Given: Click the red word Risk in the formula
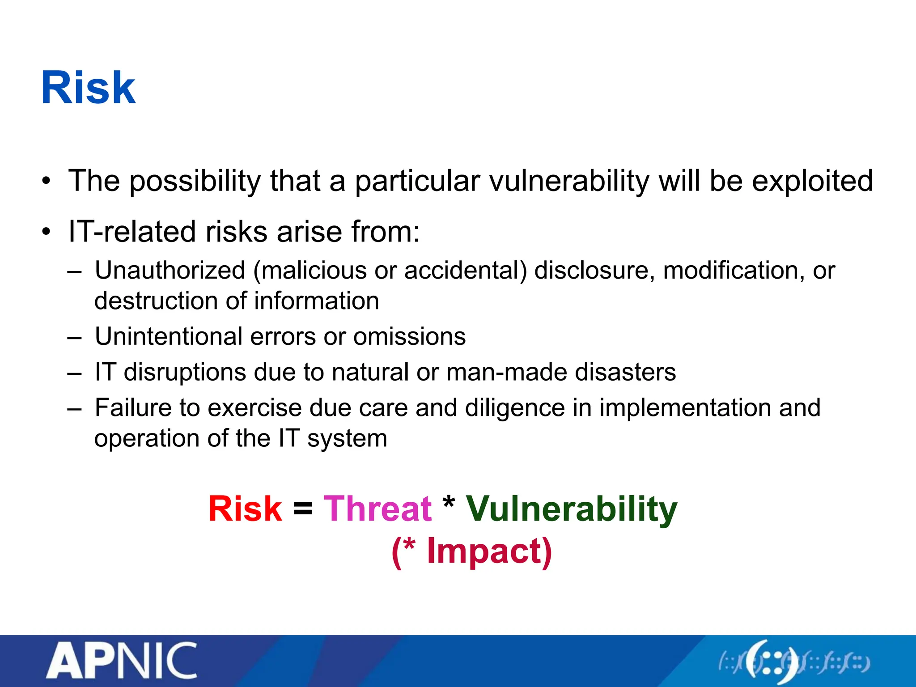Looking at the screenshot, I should click(245, 509).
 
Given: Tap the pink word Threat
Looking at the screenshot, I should click(377, 509).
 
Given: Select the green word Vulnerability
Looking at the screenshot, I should click(572, 510).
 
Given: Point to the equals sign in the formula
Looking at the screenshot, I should click(303, 509).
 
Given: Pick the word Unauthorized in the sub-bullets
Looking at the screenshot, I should click(170, 271).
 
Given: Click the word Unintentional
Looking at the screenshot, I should click(169, 336).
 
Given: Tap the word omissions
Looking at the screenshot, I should click(409, 336).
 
